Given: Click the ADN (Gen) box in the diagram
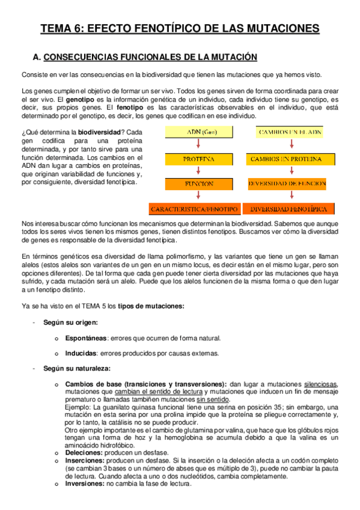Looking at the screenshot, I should (x=195, y=132).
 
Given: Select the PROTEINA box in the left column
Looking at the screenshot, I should (x=195, y=159).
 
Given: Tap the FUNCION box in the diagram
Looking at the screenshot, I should (x=195, y=184).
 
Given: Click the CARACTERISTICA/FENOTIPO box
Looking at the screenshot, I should (x=195, y=209).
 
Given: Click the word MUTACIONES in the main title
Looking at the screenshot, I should (x=273, y=28).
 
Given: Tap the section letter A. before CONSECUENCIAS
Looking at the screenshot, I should (x=36, y=57).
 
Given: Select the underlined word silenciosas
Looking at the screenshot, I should (x=321, y=384).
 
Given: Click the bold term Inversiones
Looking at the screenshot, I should (x=84, y=482).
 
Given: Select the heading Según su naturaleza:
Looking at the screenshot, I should (x=76, y=368).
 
